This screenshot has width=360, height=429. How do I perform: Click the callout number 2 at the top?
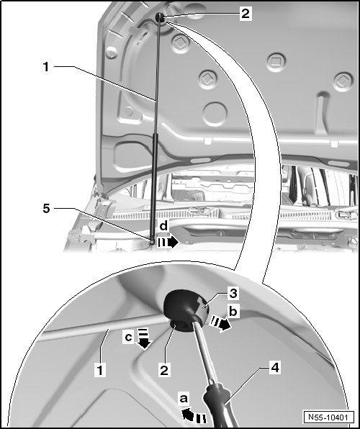(x=246, y=14)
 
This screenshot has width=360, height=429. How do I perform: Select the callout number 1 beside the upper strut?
(x=46, y=66)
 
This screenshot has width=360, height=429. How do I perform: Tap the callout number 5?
(x=47, y=209)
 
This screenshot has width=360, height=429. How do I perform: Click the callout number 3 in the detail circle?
(x=233, y=293)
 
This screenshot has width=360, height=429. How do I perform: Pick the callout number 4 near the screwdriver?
(x=275, y=367)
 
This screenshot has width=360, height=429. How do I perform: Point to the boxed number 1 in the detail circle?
(x=100, y=370)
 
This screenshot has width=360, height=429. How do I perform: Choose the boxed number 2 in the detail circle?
(x=164, y=371)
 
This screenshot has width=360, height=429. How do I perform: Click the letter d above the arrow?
(x=163, y=226)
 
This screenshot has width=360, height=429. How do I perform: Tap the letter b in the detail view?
(x=233, y=311)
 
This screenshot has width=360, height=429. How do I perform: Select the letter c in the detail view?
(x=128, y=338)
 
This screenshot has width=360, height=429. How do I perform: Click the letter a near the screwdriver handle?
(x=184, y=398)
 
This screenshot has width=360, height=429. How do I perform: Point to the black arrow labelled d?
(x=168, y=242)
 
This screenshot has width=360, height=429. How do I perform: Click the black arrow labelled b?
(x=220, y=323)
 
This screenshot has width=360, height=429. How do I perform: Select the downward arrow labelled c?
(x=144, y=339)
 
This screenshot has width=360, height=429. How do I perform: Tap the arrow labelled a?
(x=194, y=415)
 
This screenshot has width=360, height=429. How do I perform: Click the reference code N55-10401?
(x=328, y=417)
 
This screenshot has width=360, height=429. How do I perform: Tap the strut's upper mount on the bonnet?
(x=160, y=17)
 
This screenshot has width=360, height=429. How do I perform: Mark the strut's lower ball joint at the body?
(x=152, y=241)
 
